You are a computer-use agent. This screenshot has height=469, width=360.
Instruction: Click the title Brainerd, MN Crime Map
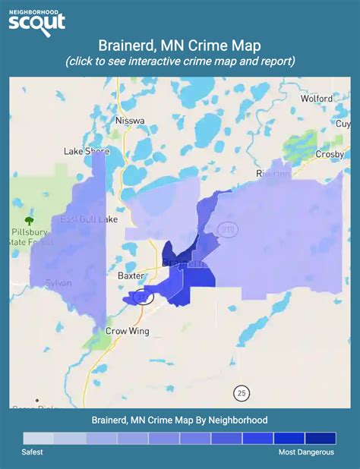[x=179, y=47]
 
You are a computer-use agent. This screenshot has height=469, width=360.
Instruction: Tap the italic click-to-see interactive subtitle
[x=180, y=61]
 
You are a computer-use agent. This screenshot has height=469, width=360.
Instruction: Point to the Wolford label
[x=316, y=98]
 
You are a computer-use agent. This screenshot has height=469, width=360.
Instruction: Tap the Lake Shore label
[x=87, y=151]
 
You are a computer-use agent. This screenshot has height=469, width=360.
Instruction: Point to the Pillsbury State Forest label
[x=31, y=236]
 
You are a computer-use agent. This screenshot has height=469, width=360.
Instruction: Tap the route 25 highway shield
[x=242, y=392]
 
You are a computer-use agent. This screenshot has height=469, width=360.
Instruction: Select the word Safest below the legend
[x=33, y=452]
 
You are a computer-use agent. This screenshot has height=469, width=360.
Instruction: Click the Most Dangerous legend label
[x=305, y=452]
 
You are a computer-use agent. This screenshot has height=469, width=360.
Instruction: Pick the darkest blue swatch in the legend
[x=321, y=439]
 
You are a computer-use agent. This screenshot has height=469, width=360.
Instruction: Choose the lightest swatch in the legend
[x=39, y=439]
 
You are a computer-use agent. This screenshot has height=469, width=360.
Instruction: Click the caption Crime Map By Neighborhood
[x=179, y=420]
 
